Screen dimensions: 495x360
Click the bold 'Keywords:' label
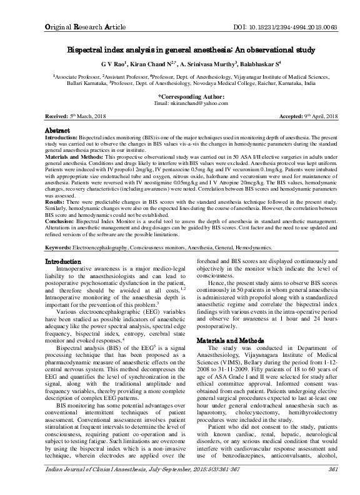(x=62, y=266)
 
